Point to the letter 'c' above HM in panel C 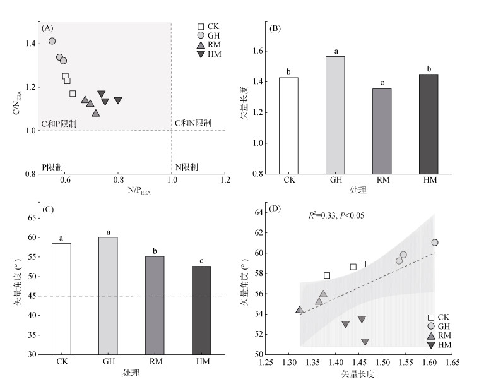click(x=201, y=259)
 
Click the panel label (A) click(x=47, y=28)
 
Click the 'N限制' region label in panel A click(x=186, y=167)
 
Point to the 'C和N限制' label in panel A click(x=193, y=123)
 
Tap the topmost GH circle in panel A click(x=52, y=41)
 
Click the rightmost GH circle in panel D click(x=435, y=243)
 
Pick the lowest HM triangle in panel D click(x=365, y=342)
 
